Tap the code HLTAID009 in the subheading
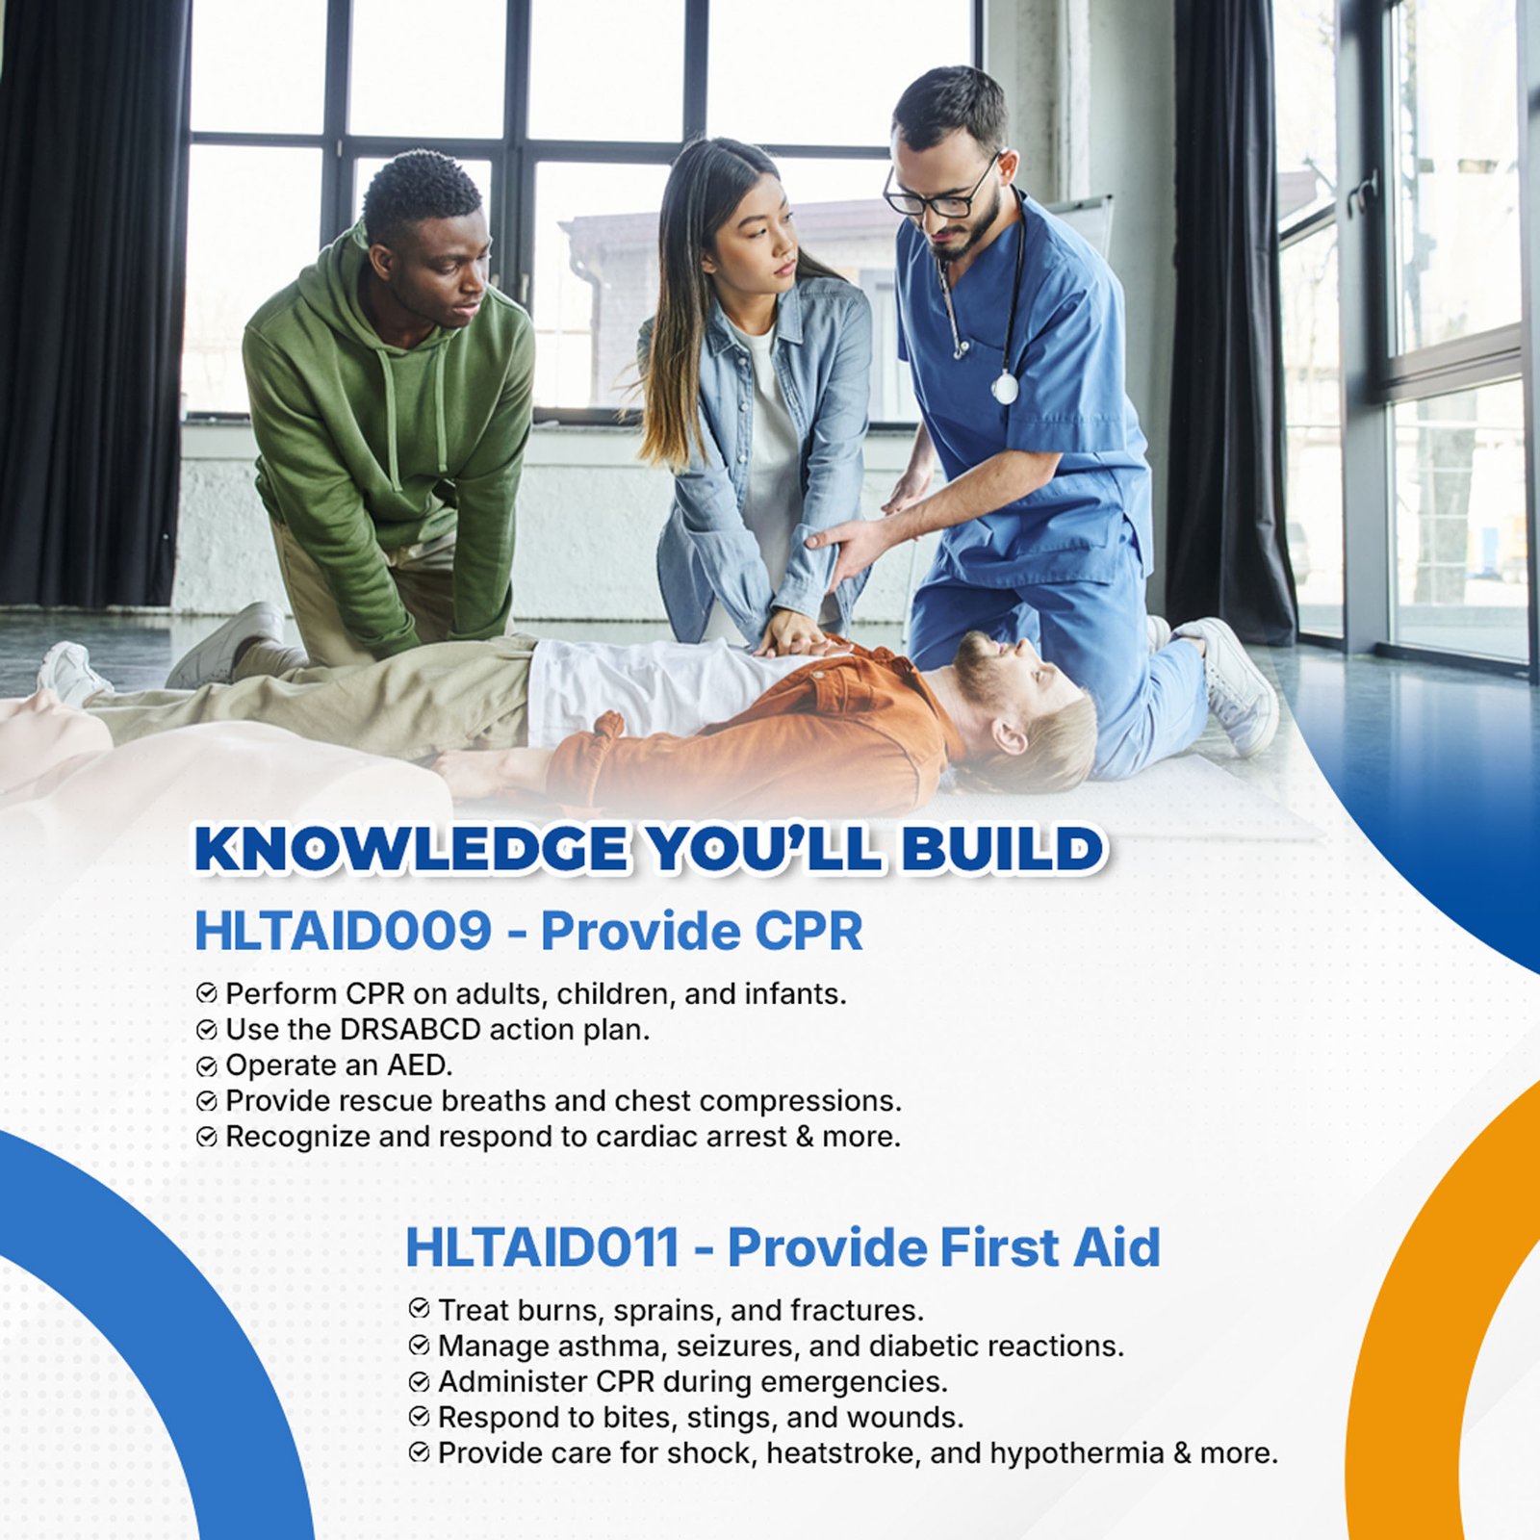pyautogui.click(x=343, y=931)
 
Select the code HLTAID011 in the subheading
pyautogui.click(x=543, y=1247)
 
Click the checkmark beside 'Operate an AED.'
pyautogui.click(x=207, y=1066)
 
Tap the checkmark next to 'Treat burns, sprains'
pyautogui.click(x=419, y=1309)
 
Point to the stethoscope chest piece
pyautogui.click(x=1004, y=388)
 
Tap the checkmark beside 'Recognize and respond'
pyautogui.click(x=207, y=1138)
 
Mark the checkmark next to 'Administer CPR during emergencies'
pyautogui.click(x=419, y=1382)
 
